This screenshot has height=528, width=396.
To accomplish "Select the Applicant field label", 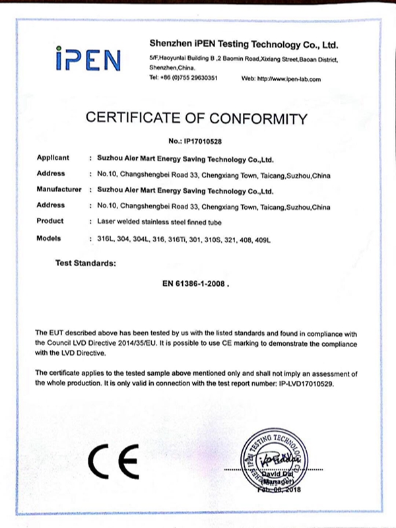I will click(53, 159).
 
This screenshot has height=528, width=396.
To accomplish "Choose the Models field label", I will click(49, 237).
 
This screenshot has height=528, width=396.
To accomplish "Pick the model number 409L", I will click(262, 238).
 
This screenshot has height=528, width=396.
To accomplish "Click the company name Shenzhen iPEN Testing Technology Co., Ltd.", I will click(244, 45).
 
